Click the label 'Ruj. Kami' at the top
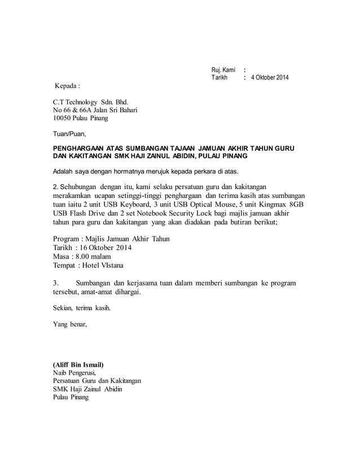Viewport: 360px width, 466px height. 223,69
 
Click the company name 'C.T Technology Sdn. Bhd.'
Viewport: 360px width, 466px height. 91,102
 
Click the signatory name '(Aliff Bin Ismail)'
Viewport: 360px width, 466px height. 78,364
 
